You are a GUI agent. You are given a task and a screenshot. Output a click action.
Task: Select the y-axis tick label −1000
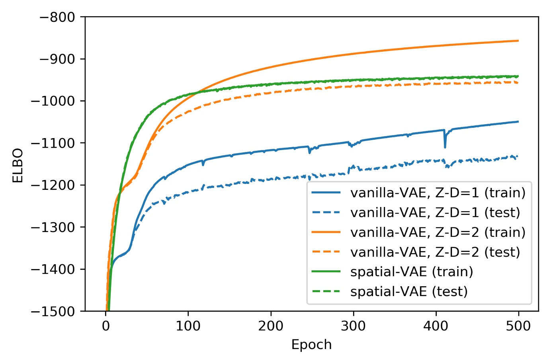click(53, 101)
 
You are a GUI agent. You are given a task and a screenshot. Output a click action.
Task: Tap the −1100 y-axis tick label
click(53, 143)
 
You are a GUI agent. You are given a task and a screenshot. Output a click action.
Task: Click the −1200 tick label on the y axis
click(53, 185)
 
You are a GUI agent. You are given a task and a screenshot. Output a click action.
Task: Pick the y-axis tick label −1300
click(53, 227)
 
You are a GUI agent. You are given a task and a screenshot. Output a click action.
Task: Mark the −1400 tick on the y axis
click(53, 269)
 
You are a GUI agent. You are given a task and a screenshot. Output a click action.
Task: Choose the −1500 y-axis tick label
click(53, 311)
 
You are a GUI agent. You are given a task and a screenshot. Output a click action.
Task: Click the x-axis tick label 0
click(106, 326)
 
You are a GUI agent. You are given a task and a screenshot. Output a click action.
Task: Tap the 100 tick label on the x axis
click(188, 326)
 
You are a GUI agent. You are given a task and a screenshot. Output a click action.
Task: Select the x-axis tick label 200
click(271, 326)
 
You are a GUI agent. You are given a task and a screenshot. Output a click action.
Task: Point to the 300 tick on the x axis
click(353, 326)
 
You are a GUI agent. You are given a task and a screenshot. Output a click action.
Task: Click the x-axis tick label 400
click(436, 326)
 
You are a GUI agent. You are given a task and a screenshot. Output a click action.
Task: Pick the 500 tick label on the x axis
click(518, 326)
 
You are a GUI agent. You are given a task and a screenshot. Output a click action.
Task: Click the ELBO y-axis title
click(18, 166)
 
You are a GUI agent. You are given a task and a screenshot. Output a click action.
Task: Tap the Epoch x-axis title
click(311, 345)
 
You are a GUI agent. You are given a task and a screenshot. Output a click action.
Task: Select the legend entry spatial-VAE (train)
click(411, 272)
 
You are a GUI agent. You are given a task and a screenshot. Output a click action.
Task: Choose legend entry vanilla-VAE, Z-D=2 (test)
click(435, 252)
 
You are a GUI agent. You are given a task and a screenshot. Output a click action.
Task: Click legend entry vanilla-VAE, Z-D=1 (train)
click(438, 193)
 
